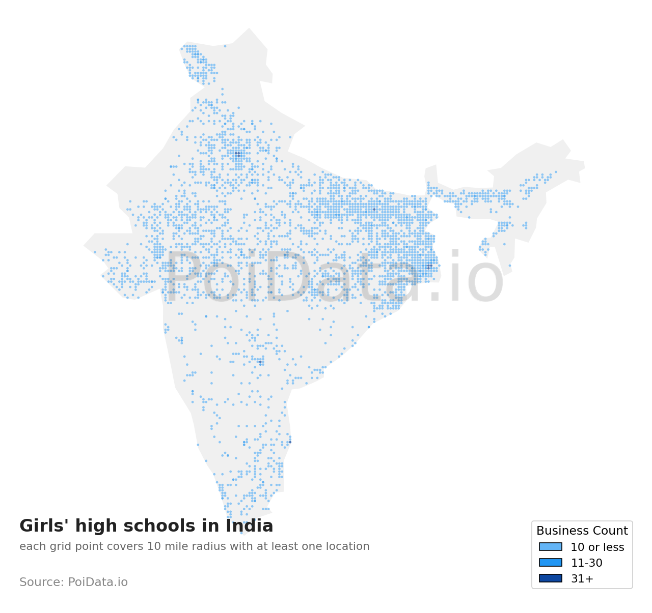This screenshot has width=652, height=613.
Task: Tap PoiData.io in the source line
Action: coord(98,582)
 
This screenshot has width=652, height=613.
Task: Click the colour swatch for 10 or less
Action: coord(551,547)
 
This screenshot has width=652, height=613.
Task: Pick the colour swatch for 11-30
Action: coord(551,563)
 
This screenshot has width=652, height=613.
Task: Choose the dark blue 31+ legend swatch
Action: coord(551,578)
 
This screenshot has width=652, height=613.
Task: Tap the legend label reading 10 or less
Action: coord(597,547)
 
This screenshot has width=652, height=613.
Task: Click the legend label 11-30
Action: coord(586,563)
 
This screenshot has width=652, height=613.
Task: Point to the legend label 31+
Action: coord(582,579)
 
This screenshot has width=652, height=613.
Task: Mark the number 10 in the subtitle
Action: coord(153,547)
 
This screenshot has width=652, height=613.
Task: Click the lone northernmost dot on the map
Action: coord(225,46)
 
